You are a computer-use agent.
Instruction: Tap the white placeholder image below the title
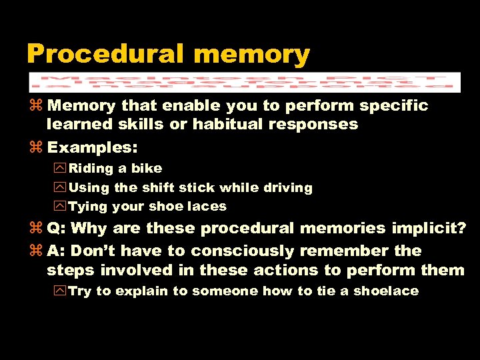245,82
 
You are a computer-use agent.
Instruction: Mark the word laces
207,207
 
